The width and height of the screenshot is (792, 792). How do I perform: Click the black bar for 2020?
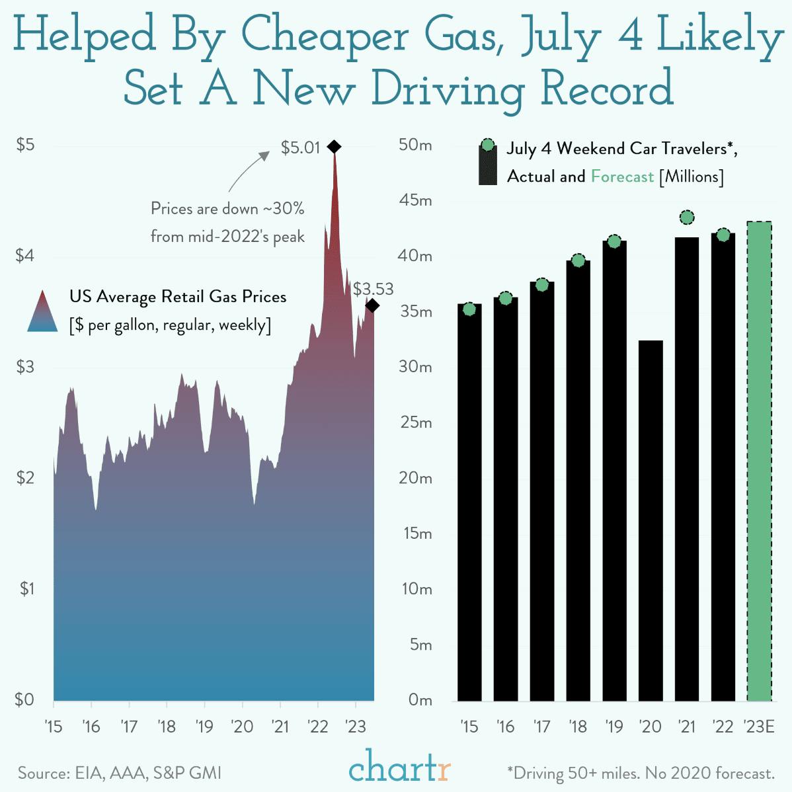click(651, 520)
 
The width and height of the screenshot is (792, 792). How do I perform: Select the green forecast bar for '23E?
click(759, 461)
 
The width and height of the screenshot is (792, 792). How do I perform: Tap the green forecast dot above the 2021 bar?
click(687, 218)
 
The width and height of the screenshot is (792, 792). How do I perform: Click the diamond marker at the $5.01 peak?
click(334, 147)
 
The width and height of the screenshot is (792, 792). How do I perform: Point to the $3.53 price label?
click(373, 289)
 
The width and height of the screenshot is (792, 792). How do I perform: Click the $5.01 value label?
click(300, 147)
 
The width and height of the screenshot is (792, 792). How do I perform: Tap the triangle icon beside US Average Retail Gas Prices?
click(42, 311)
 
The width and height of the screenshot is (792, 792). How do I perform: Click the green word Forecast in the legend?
click(622, 177)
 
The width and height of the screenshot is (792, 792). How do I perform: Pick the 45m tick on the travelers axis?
click(415, 200)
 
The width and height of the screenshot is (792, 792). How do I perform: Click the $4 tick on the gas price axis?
click(25, 256)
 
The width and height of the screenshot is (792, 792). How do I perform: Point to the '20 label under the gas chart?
click(242, 727)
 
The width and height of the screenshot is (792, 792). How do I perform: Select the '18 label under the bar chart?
click(578, 727)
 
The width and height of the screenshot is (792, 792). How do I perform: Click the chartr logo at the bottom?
click(400, 768)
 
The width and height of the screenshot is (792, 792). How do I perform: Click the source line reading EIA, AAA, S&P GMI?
click(120, 773)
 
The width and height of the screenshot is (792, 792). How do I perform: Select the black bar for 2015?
click(469, 502)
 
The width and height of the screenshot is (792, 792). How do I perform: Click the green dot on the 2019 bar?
click(614, 241)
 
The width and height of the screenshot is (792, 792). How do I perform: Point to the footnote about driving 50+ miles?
click(640, 773)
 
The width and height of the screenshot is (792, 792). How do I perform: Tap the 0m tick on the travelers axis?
click(419, 699)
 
